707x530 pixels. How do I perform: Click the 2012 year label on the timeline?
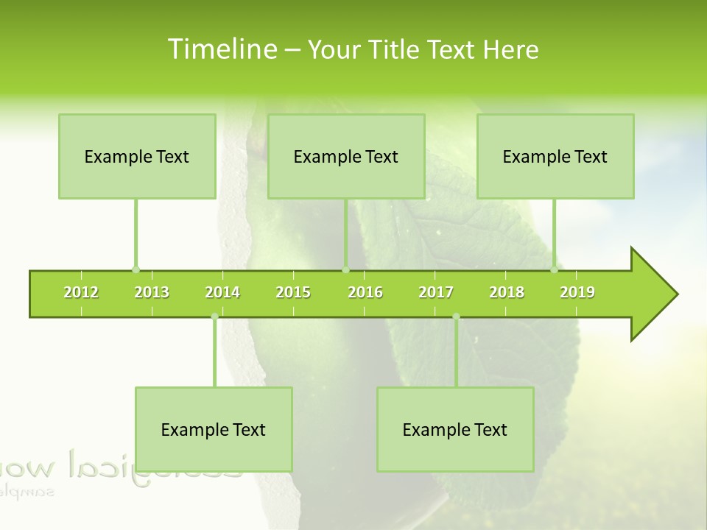click(81, 292)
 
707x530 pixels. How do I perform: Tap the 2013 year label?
click(152, 292)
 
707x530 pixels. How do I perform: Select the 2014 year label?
click(222, 292)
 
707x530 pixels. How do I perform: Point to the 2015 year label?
click(293, 292)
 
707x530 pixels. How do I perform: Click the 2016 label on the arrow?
click(365, 292)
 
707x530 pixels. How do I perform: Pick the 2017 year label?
click(436, 292)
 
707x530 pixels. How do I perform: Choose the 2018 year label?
click(507, 292)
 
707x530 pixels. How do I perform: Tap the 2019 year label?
click(577, 292)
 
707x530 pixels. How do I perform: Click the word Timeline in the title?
click(221, 49)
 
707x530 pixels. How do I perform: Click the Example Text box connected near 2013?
click(137, 156)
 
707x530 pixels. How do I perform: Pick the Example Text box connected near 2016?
click(346, 156)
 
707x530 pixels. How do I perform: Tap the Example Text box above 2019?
click(555, 156)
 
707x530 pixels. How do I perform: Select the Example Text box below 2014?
click(214, 429)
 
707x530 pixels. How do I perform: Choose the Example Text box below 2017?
click(455, 429)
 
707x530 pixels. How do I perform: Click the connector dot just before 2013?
click(136, 269)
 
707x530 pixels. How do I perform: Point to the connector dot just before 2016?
click(345, 269)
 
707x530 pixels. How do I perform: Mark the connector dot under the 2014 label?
click(214, 317)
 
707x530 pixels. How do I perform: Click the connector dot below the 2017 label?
click(456, 317)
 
